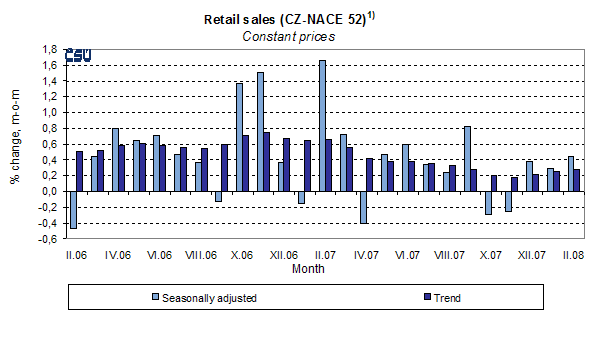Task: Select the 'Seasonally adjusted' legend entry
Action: click(220, 297)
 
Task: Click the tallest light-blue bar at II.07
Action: click(323, 125)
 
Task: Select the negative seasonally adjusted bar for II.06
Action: click(73, 209)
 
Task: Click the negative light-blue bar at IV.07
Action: click(364, 207)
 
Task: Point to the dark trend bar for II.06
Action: click(80, 171)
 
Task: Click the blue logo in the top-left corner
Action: click(78, 56)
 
